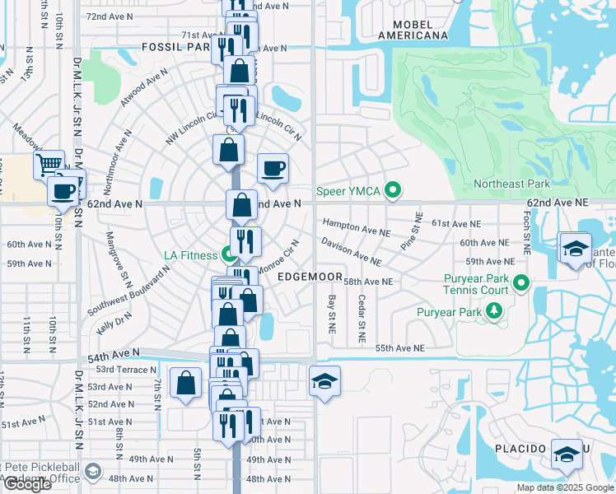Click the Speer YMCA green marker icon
coord(393,191)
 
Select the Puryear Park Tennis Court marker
coord(520,285)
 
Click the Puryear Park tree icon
coord(493,311)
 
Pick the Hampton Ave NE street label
coord(356,227)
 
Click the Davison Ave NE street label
coord(352,251)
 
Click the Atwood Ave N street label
coord(144,94)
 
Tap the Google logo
coord(26,484)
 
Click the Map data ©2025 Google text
coord(564,487)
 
